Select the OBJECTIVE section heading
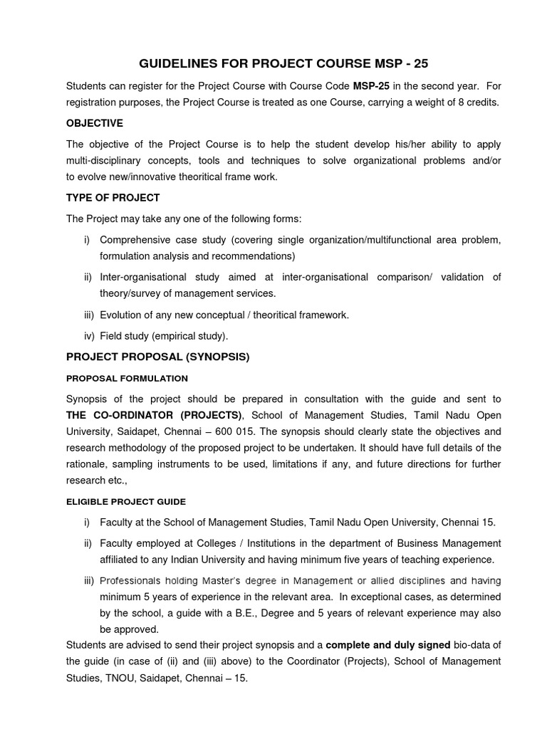tap(94, 123)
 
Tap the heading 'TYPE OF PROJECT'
tap(113, 197)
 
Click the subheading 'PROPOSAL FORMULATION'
tap(127, 378)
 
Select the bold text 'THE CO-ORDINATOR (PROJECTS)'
tap(155, 416)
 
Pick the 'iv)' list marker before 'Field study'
tap(88, 335)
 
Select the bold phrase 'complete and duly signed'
tap(388, 645)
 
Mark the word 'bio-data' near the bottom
tap(475, 645)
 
